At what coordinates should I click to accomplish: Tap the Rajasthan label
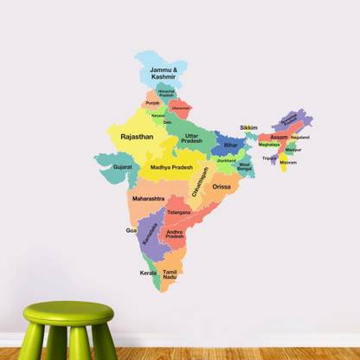coord(137,137)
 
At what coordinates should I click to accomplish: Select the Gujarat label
coord(123,165)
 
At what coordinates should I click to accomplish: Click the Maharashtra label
coord(148,198)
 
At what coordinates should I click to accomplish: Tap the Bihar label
coord(230,145)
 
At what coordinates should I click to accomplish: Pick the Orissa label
coord(222,186)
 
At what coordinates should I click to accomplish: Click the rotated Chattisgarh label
coord(201,182)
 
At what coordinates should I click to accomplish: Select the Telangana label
coord(178,212)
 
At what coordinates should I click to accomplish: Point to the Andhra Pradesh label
coord(175,235)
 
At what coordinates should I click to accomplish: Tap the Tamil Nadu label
coord(170,274)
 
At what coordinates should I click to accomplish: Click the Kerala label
coord(148,273)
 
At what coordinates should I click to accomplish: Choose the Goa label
coord(131,231)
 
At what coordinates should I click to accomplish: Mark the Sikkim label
coord(248,127)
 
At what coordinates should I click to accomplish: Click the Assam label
coord(279,138)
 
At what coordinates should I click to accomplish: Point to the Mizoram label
coord(288,163)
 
